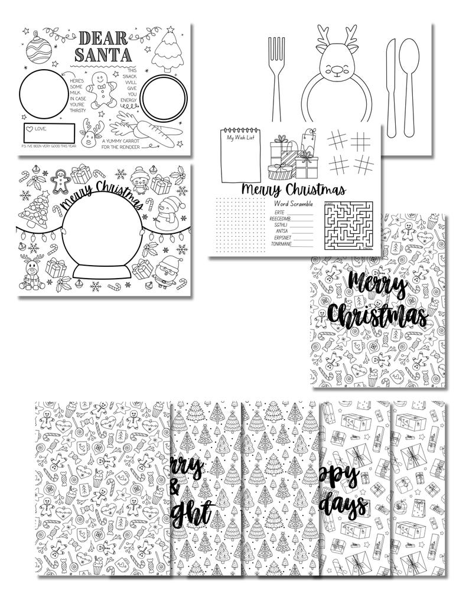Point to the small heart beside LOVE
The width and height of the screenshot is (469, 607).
pyautogui.click(x=30, y=128)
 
